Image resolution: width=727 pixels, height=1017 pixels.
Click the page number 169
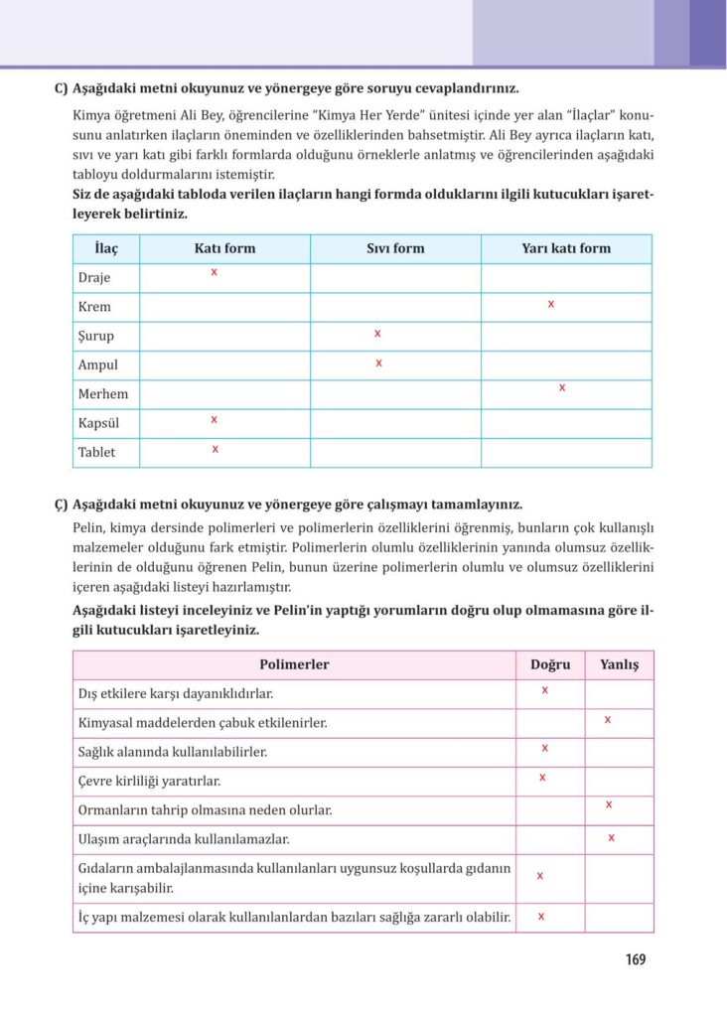636,959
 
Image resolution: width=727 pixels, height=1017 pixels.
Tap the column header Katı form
224,248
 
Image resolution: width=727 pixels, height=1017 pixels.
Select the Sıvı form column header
395,248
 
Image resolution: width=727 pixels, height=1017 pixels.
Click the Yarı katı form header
566,248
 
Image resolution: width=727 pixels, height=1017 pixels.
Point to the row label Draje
94,277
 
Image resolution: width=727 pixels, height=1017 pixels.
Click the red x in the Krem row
551,304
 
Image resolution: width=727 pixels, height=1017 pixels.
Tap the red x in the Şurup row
377,334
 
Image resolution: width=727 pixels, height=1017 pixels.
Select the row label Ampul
97,364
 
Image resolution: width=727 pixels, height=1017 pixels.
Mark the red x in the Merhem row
562,387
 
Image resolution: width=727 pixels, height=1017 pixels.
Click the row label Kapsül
98,423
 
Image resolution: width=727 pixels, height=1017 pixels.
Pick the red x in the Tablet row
216,449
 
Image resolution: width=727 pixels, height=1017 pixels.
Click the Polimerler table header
294,664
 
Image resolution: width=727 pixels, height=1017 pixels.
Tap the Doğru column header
550,664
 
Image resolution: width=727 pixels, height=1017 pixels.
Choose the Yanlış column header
620,664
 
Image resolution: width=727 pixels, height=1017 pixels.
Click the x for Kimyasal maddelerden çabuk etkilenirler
607,718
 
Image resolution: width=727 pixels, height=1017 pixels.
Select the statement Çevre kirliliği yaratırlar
149,781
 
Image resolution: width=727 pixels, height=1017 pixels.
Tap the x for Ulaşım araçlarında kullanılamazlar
611,837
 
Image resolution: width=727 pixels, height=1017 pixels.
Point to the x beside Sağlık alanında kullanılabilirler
544,747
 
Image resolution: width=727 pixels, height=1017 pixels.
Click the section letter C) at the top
61,87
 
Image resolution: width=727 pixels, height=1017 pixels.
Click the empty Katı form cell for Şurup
224,336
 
